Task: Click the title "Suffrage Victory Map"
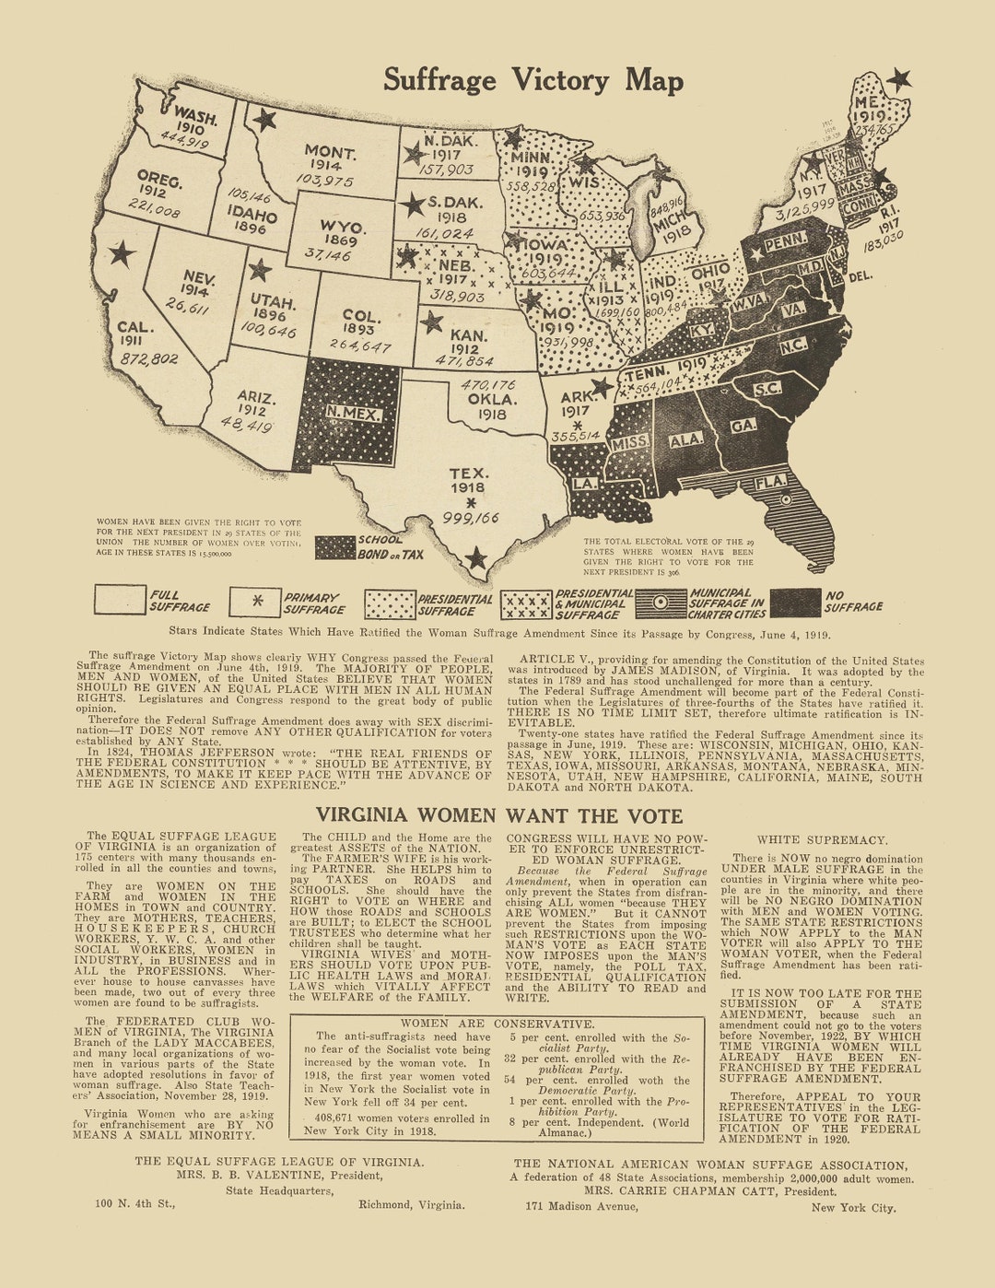click(x=533, y=80)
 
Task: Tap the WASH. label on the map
click(x=195, y=117)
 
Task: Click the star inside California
click(x=122, y=253)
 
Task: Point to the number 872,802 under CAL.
click(x=148, y=358)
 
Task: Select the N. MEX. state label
click(x=353, y=414)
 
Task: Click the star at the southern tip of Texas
click(x=475, y=558)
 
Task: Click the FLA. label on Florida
click(x=770, y=482)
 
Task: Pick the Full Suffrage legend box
click(x=120, y=600)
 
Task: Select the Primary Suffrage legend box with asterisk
click(x=255, y=602)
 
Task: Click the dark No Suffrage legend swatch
click(x=794, y=603)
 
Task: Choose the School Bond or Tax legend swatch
click(x=335, y=547)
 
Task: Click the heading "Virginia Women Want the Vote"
click(x=499, y=815)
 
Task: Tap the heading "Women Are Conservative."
click(x=497, y=1024)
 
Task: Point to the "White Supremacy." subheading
click(x=822, y=840)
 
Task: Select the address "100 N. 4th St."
click(x=135, y=1203)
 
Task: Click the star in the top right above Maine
click(x=898, y=79)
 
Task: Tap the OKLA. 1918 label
click(x=492, y=406)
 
